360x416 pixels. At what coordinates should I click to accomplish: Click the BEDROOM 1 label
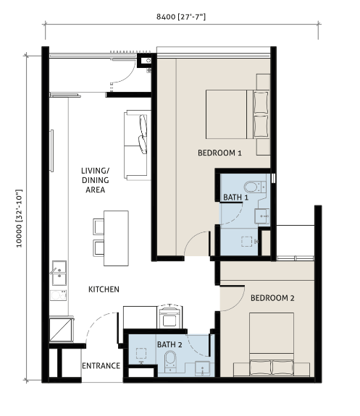pyautogui.click(x=219, y=153)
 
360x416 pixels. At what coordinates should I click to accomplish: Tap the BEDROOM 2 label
pyautogui.click(x=272, y=298)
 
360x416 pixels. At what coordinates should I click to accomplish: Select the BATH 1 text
pyautogui.click(x=235, y=198)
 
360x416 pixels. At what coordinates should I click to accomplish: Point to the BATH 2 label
pyautogui.click(x=169, y=344)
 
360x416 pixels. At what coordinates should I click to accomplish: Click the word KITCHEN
pyautogui.click(x=104, y=289)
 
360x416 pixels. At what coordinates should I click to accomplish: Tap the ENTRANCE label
pyautogui.click(x=101, y=366)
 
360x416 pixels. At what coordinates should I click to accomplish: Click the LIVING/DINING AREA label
pyautogui.click(x=95, y=180)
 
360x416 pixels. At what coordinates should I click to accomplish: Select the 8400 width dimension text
pyautogui.click(x=181, y=17)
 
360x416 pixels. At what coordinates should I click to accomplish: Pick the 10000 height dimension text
pyautogui.click(x=20, y=218)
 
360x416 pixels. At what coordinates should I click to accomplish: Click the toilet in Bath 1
pyautogui.click(x=255, y=187)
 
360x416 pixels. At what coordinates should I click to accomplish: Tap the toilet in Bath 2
pyautogui.click(x=170, y=361)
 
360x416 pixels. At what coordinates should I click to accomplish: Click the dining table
pyautogui.click(x=116, y=238)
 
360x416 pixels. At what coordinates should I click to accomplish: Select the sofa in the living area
pyautogui.click(x=137, y=145)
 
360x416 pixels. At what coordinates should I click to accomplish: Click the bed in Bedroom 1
pyautogui.click(x=238, y=114)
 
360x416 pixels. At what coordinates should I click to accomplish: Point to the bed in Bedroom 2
pyautogui.click(x=272, y=344)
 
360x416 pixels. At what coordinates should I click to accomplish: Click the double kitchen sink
pyautogui.click(x=59, y=273)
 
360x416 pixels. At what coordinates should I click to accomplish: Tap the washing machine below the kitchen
pyautogui.click(x=170, y=318)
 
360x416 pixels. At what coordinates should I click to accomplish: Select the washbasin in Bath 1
pyautogui.click(x=261, y=216)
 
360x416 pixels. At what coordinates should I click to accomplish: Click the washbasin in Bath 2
pyautogui.click(x=202, y=368)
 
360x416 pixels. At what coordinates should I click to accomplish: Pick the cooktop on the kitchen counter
pyautogui.click(x=58, y=295)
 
